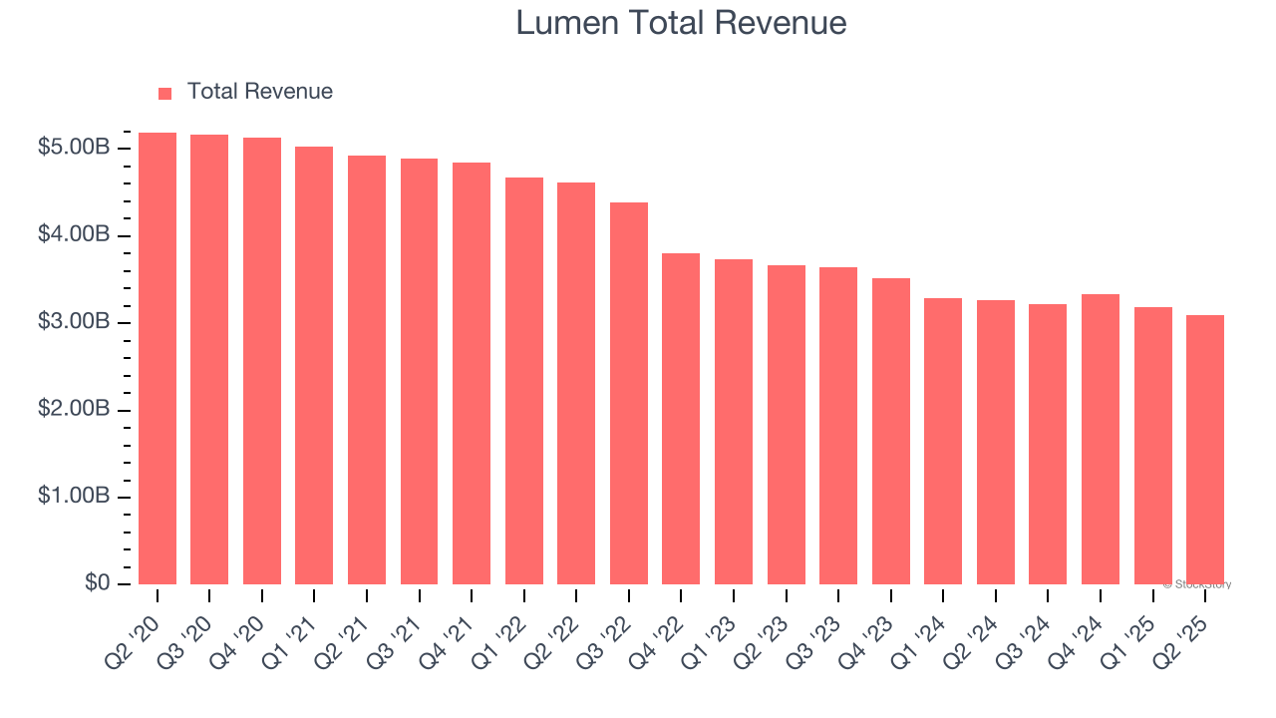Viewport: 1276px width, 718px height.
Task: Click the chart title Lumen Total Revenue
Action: (x=681, y=23)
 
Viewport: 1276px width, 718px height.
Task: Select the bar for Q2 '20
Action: (x=158, y=359)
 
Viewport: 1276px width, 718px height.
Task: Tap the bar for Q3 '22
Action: (x=629, y=394)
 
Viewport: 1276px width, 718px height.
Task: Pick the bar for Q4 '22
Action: (x=681, y=419)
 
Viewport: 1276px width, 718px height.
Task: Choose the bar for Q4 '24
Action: (x=1101, y=439)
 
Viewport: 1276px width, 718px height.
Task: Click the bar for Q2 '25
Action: (x=1205, y=450)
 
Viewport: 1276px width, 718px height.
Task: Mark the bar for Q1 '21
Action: (x=314, y=365)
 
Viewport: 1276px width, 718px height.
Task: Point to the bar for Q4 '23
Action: (x=891, y=431)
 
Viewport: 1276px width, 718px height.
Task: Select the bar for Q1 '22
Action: (x=524, y=381)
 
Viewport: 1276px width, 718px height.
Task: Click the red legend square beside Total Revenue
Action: (x=165, y=93)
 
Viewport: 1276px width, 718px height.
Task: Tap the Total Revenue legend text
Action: (x=259, y=92)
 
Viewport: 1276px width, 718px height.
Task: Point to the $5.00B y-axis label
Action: (x=74, y=149)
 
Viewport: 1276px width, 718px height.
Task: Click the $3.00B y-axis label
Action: (x=74, y=323)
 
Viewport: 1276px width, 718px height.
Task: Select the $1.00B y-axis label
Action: (x=74, y=497)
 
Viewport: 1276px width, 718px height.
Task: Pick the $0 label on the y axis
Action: (x=97, y=583)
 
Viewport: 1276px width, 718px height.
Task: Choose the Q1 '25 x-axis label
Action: (x=1128, y=625)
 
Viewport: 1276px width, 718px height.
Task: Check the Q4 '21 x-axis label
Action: (x=447, y=625)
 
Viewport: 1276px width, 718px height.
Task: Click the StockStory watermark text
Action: (x=1197, y=584)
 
